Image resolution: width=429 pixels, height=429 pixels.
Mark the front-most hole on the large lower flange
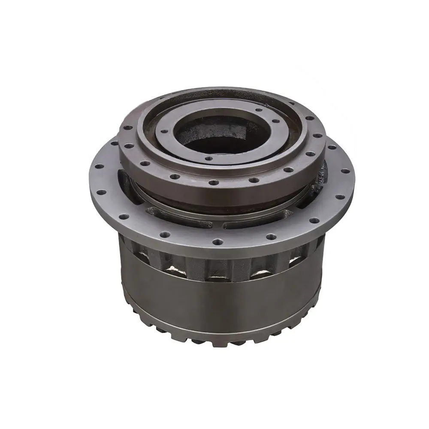pyautogui.click(x=217, y=242)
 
